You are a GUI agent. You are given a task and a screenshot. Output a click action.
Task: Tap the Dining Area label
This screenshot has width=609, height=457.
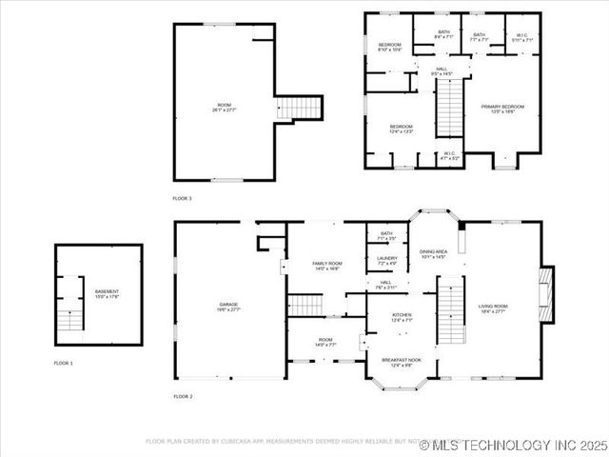coord(433,254)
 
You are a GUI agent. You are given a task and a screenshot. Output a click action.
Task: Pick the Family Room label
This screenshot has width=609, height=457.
coord(327,266)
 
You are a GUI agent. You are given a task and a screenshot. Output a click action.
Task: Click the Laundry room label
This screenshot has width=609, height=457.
coord(387,260)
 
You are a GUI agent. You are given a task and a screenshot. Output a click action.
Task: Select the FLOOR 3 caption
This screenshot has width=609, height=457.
coord(182,198)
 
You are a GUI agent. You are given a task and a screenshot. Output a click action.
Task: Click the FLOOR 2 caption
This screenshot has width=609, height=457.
coord(182,395)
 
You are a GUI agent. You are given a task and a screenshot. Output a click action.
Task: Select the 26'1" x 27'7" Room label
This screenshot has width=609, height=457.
coord(225,108)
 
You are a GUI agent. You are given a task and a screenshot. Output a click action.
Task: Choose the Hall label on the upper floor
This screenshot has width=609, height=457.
coord(442,71)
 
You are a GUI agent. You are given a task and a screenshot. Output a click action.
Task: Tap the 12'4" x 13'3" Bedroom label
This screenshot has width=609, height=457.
coord(401,129)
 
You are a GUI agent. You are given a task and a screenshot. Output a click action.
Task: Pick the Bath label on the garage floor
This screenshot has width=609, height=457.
coord(386,236)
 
